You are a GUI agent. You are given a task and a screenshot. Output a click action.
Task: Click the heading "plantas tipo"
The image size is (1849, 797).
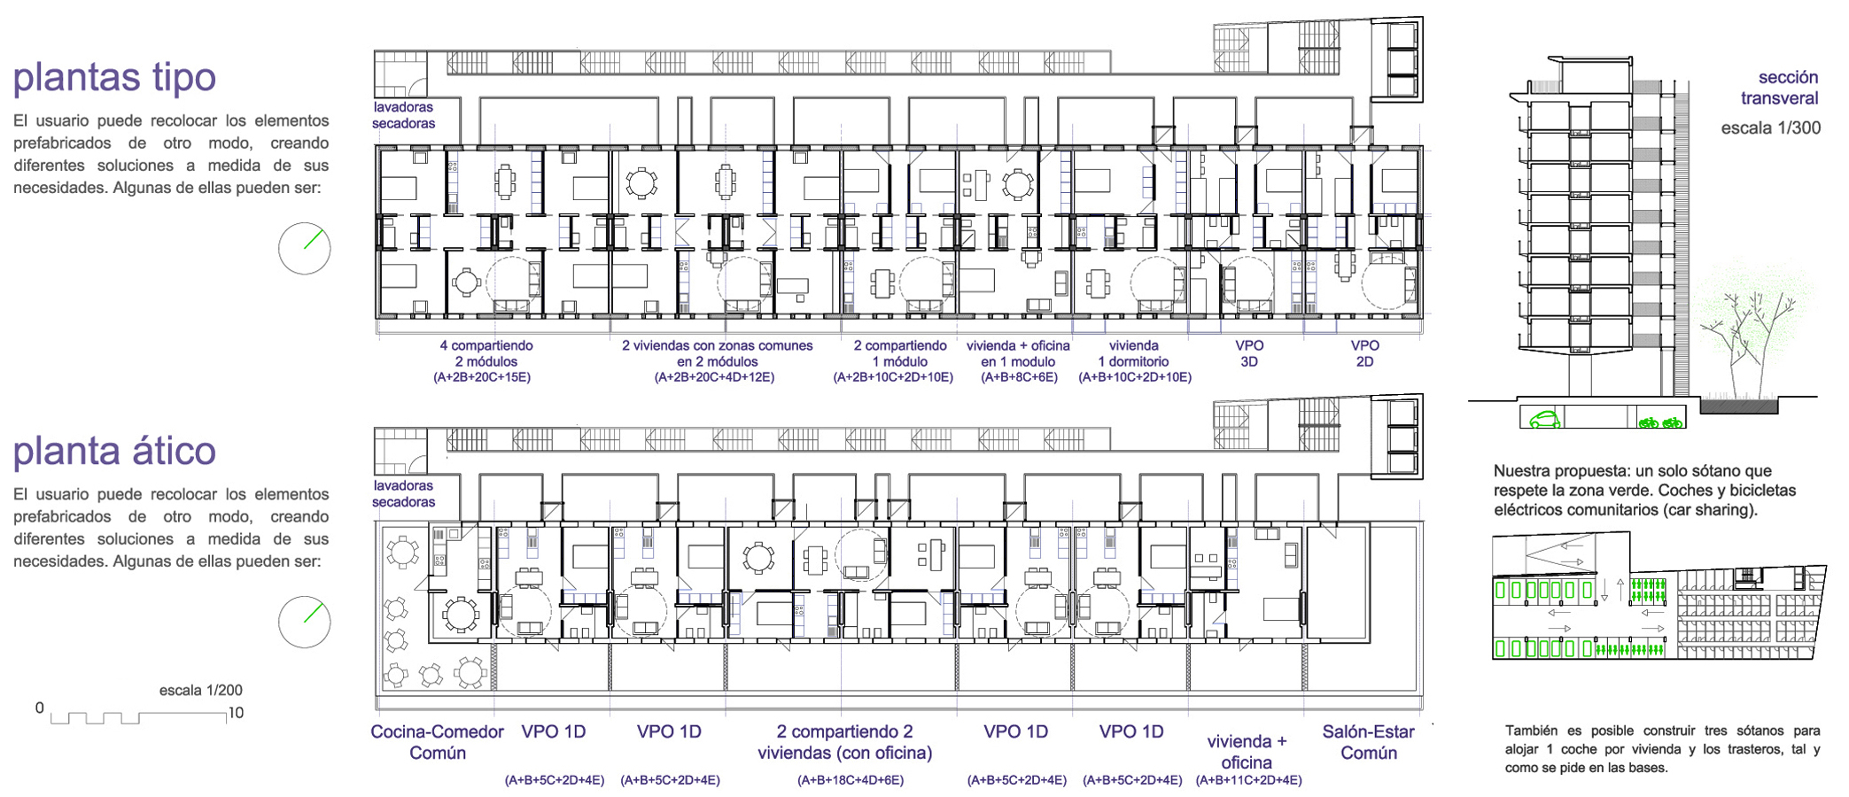[114, 77]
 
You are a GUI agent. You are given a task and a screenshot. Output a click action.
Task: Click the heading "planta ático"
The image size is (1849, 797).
[114, 451]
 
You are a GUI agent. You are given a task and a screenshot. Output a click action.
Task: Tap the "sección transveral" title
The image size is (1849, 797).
[1779, 88]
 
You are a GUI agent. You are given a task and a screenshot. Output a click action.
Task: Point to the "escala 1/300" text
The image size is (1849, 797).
[1770, 128]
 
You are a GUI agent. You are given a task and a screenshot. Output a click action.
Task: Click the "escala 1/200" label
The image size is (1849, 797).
[200, 691]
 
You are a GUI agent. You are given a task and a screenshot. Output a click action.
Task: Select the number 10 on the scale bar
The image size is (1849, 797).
[236, 713]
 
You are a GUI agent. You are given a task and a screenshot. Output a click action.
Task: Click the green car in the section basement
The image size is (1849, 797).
[1544, 419]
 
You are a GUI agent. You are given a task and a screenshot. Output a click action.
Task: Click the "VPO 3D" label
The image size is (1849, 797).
[1249, 353]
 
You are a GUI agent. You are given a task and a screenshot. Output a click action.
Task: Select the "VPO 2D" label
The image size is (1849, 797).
[1364, 353]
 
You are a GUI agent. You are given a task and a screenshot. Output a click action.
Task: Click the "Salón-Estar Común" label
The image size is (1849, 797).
[1368, 742]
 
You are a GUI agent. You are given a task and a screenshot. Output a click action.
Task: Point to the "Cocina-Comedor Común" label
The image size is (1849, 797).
[437, 742]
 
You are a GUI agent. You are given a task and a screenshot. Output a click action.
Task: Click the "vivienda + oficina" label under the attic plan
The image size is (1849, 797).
[1247, 752]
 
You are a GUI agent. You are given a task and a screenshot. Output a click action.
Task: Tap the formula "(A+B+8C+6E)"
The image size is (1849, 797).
[1019, 377]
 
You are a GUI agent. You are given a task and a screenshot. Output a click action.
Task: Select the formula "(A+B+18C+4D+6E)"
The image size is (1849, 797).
[851, 780]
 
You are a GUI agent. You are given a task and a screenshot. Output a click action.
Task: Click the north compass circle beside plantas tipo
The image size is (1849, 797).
[305, 248]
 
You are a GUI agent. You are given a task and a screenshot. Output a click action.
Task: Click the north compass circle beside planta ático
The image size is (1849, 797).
[305, 622]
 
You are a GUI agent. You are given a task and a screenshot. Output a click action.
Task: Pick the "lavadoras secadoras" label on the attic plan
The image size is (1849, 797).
[403, 494]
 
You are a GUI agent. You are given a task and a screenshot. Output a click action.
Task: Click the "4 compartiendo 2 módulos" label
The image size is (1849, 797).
[486, 353]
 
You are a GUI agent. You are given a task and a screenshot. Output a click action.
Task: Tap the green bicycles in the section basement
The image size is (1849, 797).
[1659, 422]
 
